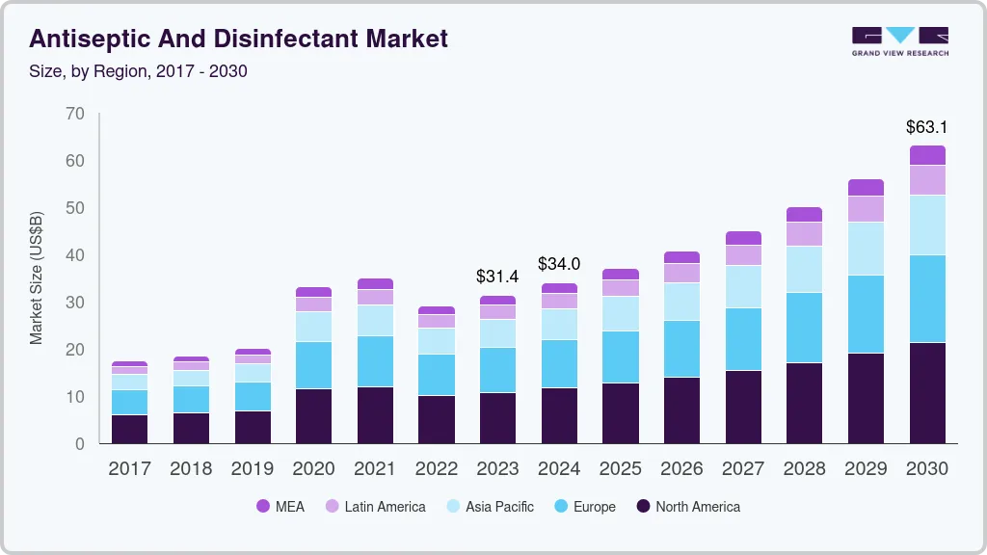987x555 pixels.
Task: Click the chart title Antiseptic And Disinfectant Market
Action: coord(238,39)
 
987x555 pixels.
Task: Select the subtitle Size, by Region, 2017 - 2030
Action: coord(138,70)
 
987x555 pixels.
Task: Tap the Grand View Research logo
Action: coord(899,40)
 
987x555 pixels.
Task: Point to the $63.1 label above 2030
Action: coord(926,126)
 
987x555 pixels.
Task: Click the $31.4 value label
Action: coord(497,277)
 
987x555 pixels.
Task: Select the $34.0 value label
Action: coord(558,263)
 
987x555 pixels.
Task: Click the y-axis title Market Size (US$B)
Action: coord(37,278)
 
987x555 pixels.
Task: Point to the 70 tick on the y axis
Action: coord(75,114)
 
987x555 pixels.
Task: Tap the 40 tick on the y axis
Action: coord(75,255)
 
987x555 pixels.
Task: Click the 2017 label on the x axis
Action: coord(129,469)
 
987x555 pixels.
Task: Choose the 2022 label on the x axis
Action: coord(436,469)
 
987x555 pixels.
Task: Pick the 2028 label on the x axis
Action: coord(804,469)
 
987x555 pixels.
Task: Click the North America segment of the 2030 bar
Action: coord(926,393)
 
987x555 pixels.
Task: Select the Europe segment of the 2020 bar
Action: coord(313,365)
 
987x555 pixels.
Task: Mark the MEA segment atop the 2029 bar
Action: coord(866,187)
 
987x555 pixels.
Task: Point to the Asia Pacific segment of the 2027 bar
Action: coord(743,286)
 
